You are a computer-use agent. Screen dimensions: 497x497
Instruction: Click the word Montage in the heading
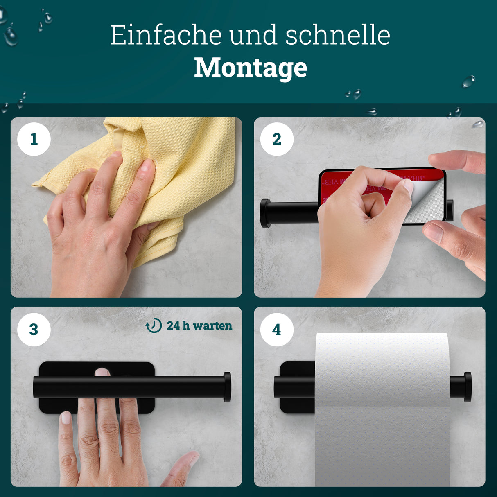click(250, 68)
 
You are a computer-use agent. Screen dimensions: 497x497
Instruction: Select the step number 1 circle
click(34, 139)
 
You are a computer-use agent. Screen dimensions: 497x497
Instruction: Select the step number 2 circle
click(277, 139)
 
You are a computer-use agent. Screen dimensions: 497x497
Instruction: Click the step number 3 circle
click(34, 330)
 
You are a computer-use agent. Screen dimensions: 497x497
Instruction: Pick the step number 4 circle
click(277, 330)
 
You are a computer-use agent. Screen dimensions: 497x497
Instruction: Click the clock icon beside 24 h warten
click(154, 326)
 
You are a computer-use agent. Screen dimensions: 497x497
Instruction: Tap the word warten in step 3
click(212, 326)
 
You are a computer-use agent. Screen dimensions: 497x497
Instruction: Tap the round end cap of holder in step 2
click(264, 213)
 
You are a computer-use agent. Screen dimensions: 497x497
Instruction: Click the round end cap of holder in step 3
click(227, 387)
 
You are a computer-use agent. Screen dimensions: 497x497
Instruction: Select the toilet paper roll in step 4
click(383, 409)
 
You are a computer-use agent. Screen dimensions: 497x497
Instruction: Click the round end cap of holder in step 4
click(467, 387)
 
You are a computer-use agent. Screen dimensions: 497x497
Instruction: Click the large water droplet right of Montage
click(468, 81)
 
